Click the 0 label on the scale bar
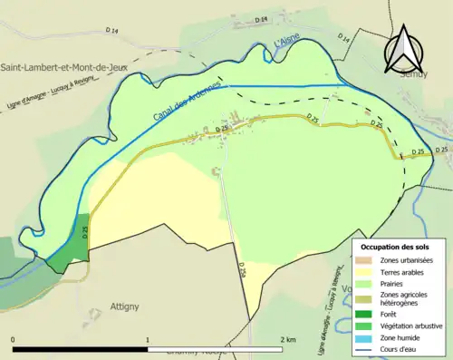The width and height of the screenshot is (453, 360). tap(14, 339)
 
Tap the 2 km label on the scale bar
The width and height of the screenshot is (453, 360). tap(287, 339)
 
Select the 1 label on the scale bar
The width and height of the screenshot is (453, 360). tap(148, 339)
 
